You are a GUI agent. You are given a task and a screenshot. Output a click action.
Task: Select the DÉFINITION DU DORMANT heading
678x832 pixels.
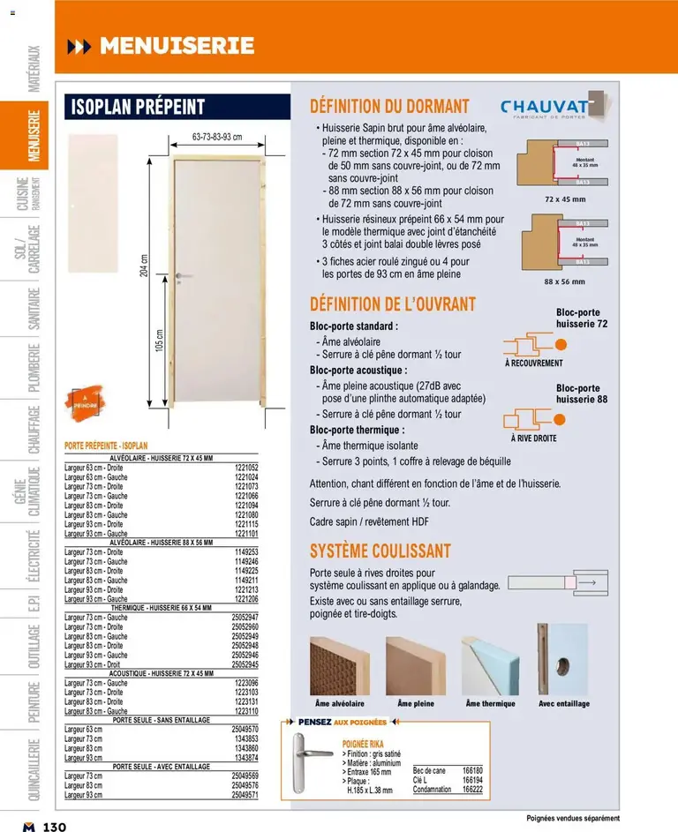[389, 106]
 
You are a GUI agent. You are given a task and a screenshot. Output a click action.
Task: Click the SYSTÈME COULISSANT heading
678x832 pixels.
[380, 551]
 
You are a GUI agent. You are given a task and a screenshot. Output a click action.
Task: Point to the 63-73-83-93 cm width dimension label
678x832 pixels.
[217, 137]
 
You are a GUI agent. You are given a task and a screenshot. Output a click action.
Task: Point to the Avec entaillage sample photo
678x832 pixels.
[564, 660]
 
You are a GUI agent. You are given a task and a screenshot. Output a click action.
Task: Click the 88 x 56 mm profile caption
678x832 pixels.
[564, 281]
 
